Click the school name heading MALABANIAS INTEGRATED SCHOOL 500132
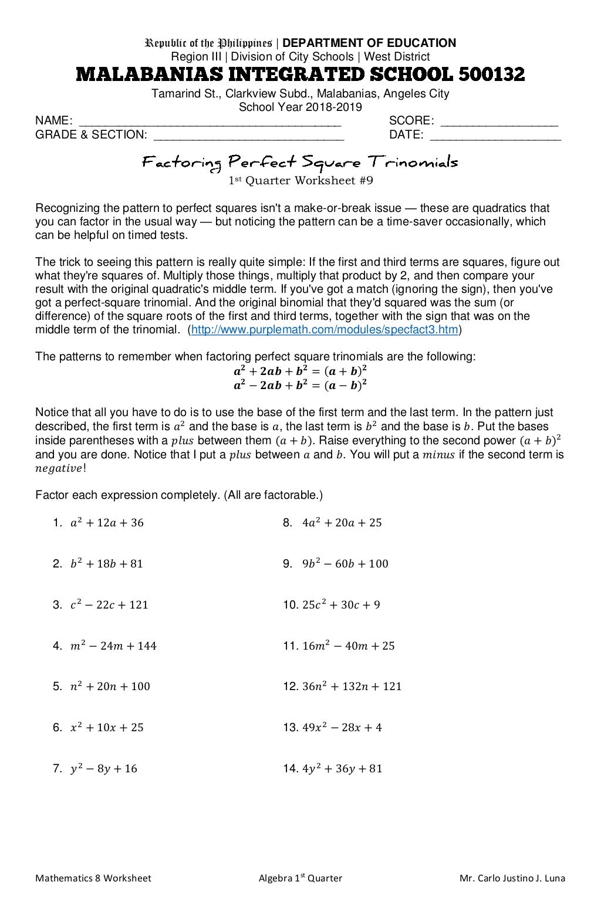pos(300,75)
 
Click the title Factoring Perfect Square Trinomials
pos(300,161)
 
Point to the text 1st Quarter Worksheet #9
pos(300,181)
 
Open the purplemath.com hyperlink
pos(325,330)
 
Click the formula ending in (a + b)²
pos(300,371)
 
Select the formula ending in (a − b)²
pos(300,385)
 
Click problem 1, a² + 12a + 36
pos(107,523)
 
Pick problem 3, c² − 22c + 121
pos(109,605)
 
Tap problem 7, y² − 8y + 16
pos(104,769)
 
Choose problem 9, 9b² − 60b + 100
pos(345,564)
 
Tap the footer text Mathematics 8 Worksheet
pos(93,879)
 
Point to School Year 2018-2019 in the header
pos(300,107)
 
